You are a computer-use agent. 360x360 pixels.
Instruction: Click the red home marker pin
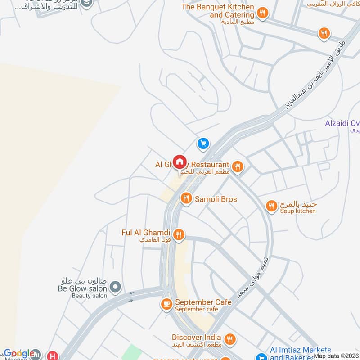[180, 162]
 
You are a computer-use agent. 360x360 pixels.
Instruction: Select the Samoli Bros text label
[216, 199]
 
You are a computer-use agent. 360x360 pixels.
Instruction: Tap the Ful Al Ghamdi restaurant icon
[179, 234]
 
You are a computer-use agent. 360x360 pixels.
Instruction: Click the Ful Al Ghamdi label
[146, 233]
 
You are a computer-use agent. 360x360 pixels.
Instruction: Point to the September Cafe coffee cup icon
[166, 305]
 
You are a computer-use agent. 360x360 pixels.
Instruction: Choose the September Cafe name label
[203, 302]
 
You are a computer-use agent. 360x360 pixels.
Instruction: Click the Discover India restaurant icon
[230, 339]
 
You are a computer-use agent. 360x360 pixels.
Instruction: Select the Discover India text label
[196, 337]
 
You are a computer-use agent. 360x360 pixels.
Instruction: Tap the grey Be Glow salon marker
[116, 286]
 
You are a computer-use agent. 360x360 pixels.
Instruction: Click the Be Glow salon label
[82, 288]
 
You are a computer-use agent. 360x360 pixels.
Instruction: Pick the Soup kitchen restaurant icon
[271, 206]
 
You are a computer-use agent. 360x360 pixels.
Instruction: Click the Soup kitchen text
[298, 211]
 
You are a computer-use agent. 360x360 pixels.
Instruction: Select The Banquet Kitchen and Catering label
[218, 11]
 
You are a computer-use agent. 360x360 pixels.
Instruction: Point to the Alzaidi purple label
[342, 123]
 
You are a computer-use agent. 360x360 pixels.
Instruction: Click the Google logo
[18, 354]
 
